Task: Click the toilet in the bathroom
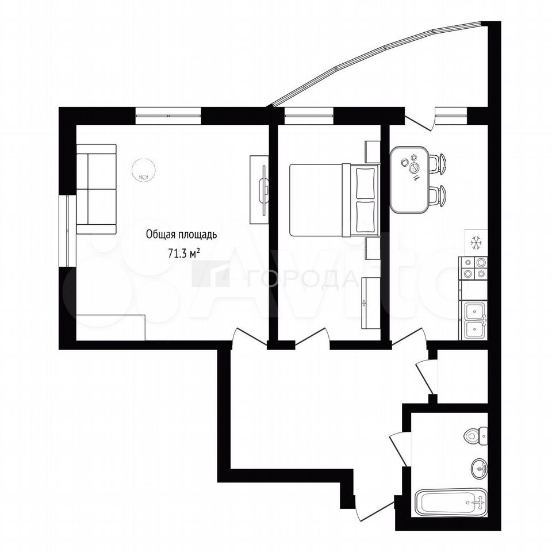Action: click(x=476, y=436)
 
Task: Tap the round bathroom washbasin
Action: click(x=479, y=468)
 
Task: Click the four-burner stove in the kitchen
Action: click(x=473, y=269)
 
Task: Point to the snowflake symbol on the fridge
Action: click(x=476, y=243)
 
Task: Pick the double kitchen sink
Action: click(x=473, y=320)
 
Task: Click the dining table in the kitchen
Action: click(x=409, y=179)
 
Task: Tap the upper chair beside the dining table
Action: click(x=438, y=163)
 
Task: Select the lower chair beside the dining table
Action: click(x=438, y=195)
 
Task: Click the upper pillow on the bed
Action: click(x=366, y=183)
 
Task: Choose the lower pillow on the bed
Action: click(x=366, y=216)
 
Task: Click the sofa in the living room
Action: click(x=96, y=189)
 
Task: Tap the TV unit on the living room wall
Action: click(x=259, y=189)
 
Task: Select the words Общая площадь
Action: click(x=181, y=235)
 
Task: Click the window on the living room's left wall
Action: click(x=67, y=231)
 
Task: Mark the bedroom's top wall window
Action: click(x=309, y=116)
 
